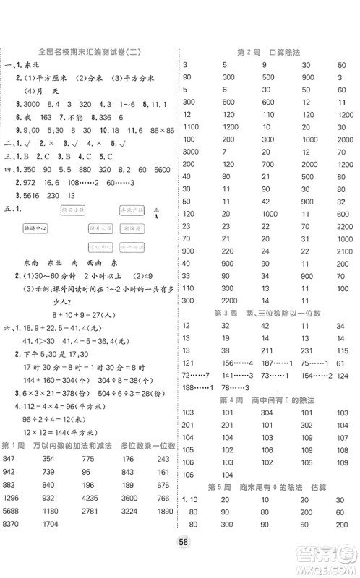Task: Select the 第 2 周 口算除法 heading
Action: point(270,53)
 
